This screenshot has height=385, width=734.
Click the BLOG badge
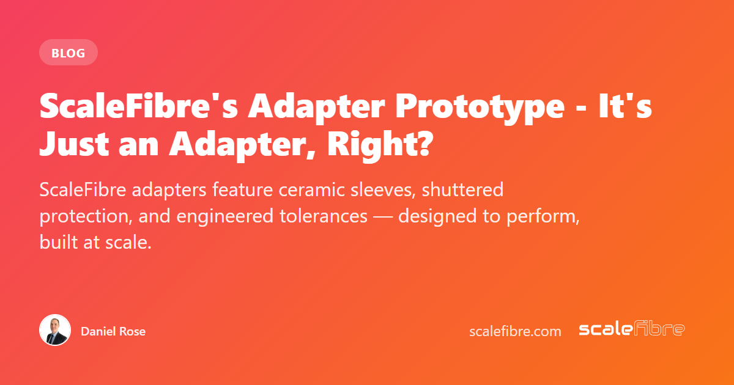point(69,53)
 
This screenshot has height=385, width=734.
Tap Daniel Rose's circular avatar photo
point(55,331)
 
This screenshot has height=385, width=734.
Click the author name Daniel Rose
point(113,331)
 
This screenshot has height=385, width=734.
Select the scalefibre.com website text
point(515,331)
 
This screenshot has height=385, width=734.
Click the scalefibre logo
point(632,329)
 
